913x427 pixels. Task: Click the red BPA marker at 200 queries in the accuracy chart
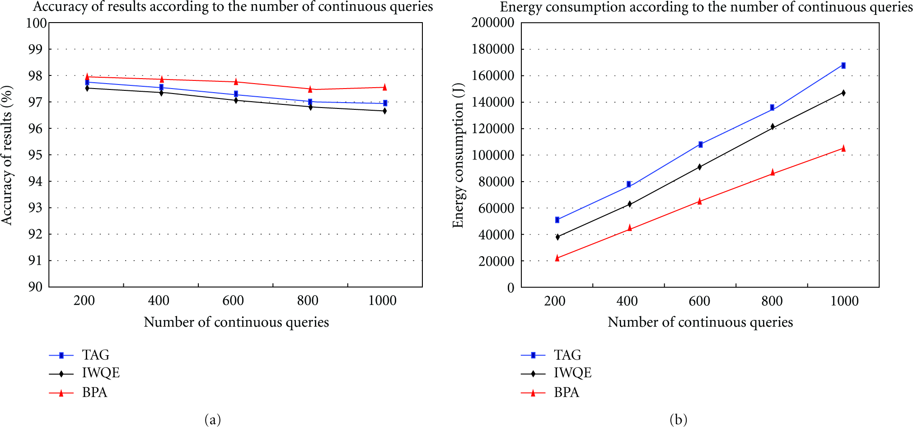tap(87, 76)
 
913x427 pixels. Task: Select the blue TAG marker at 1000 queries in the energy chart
tap(843, 66)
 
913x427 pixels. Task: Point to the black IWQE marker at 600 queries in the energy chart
tap(700, 167)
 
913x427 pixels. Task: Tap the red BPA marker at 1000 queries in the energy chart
tap(843, 148)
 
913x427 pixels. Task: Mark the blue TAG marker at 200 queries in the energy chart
tap(557, 220)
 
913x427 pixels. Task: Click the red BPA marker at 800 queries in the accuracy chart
tap(310, 89)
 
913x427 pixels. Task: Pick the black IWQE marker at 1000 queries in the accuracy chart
tap(385, 111)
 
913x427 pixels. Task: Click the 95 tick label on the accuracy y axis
tap(35, 155)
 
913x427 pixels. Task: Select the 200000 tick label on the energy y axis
tap(493, 23)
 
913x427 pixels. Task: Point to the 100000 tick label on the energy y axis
tap(493, 155)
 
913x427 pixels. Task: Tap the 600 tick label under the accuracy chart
tap(233, 300)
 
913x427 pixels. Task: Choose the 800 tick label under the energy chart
tap(772, 301)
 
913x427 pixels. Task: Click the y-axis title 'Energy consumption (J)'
tap(458, 155)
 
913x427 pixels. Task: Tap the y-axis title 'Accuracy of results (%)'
tap(7, 155)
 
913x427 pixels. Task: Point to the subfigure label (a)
tap(213, 420)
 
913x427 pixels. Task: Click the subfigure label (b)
tap(679, 420)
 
